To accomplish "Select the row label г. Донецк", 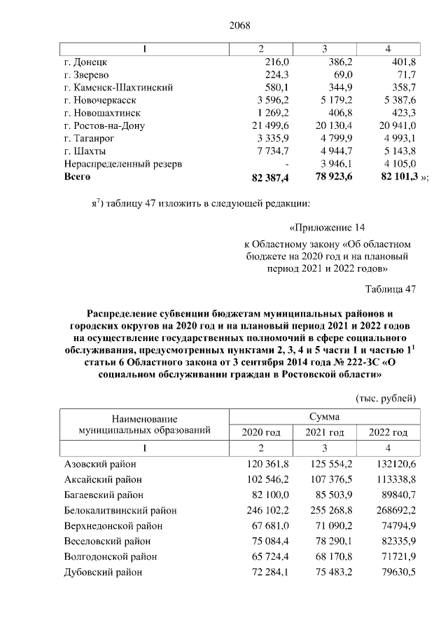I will click(x=85, y=62).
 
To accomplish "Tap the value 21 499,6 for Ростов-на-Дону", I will click(x=260, y=125).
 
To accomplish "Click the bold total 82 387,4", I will click(x=260, y=178).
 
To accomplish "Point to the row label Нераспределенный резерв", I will click(x=123, y=163).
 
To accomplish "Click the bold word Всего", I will click(x=77, y=177).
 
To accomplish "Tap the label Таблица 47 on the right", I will click(x=391, y=289).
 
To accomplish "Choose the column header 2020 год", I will click(x=260, y=432).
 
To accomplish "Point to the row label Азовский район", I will click(x=100, y=464).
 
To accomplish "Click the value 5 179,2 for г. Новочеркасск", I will click(x=328, y=99).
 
